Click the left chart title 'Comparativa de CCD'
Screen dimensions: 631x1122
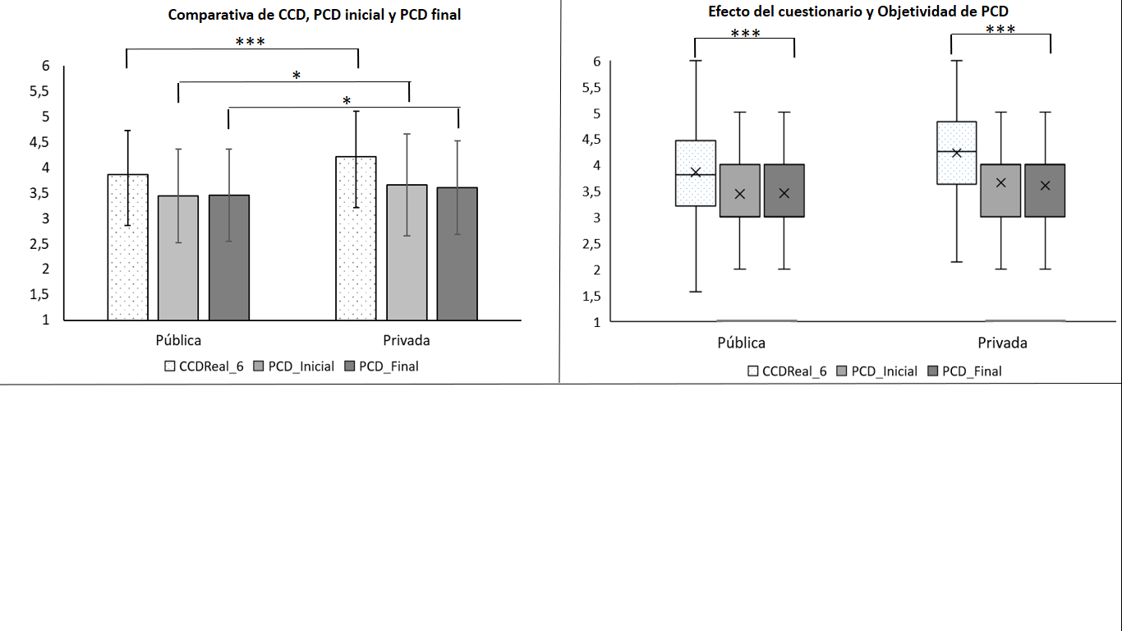tap(315, 15)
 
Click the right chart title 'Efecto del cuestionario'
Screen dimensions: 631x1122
tap(858, 11)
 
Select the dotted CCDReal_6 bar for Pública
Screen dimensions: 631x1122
tap(128, 247)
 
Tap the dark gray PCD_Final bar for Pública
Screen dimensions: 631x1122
tap(229, 257)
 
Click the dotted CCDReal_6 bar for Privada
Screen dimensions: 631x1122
tap(356, 238)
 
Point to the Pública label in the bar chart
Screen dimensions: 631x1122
tap(178, 340)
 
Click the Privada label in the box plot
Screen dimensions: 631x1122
tap(1002, 343)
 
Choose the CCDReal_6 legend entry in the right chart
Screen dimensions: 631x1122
tap(786, 371)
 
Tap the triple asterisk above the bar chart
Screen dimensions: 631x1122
tap(250, 42)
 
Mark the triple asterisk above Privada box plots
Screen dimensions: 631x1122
tap(1000, 30)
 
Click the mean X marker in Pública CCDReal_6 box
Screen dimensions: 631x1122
tap(696, 172)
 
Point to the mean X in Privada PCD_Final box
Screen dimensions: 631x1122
tap(1045, 186)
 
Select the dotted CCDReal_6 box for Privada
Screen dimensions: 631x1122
tap(956, 153)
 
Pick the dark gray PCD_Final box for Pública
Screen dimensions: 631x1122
tap(784, 191)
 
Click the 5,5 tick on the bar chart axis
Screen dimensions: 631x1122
tap(39, 91)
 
